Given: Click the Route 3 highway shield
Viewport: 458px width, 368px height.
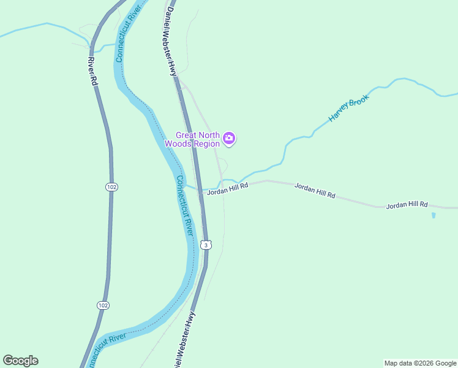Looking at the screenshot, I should pyautogui.click(x=207, y=245).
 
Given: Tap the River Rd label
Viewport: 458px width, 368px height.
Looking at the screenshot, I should pyautogui.click(x=92, y=71).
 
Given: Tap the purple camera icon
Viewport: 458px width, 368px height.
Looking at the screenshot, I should pyautogui.click(x=229, y=138).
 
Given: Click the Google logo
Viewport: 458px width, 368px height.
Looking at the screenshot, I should pyautogui.click(x=20, y=361).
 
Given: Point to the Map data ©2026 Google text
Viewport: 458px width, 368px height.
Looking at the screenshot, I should pyautogui.click(x=419, y=363).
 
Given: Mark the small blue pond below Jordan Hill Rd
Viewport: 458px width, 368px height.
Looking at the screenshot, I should pyautogui.click(x=434, y=215).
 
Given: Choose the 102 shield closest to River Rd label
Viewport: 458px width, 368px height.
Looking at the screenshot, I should pyautogui.click(x=111, y=186).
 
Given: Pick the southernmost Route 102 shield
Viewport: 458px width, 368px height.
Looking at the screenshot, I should pyautogui.click(x=103, y=305).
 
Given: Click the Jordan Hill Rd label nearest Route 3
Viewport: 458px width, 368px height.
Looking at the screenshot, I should pyautogui.click(x=227, y=191).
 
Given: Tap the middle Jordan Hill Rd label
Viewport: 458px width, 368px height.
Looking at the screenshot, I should pyautogui.click(x=315, y=190).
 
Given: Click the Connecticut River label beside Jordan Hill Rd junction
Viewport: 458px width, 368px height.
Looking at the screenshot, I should pyautogui.click(x=185, y=205).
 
